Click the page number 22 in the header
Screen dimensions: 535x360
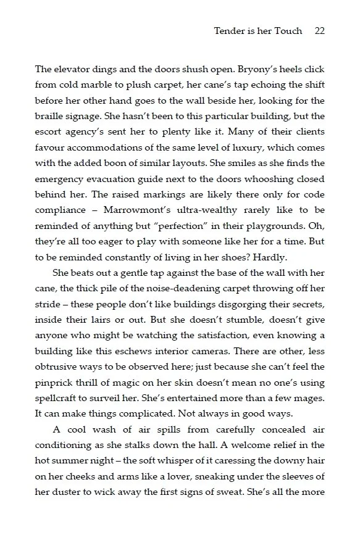319,30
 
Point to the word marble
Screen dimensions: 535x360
99,85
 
